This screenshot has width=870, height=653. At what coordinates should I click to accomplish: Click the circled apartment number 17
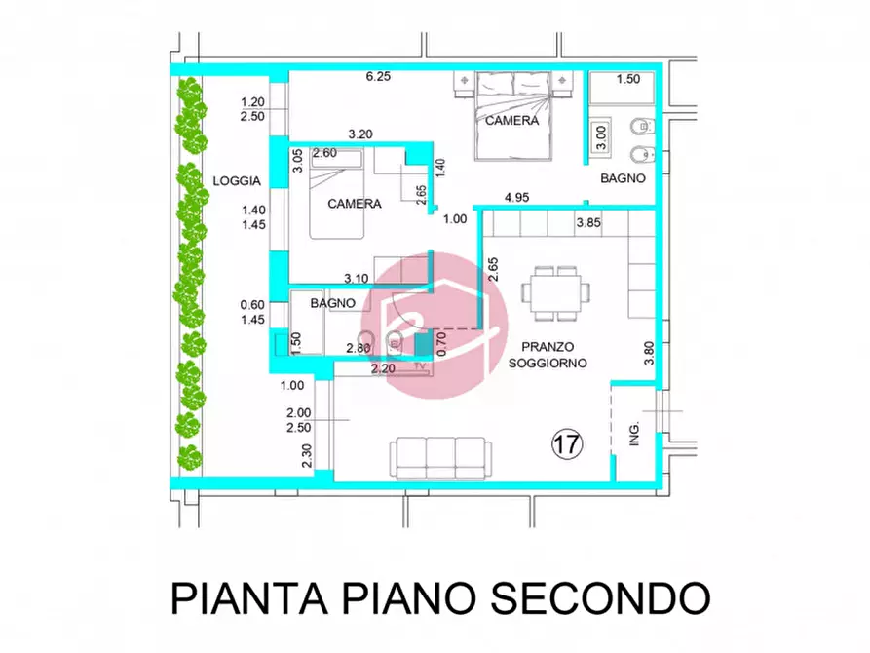pyautogui.click(x=568, y=445)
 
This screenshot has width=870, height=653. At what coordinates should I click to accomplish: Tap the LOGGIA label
pyautogui.click(x=236, y=180)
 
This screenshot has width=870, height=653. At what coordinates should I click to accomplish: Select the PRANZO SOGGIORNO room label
pyautogui.click(x=547, y=354)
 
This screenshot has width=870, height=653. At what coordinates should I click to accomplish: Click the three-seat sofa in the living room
pyautogui.click(x=438, y=455)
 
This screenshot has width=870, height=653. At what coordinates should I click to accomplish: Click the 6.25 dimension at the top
pyautogui.click(x=379, y=78)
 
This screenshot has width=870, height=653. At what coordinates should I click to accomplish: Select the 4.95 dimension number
pyautogui.click(x=516, y=199)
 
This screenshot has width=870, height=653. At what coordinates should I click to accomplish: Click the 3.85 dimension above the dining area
pyautogui.click(x=589, y=224)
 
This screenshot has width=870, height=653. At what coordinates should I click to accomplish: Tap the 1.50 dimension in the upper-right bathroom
pyautogui.click(x=628, y=80)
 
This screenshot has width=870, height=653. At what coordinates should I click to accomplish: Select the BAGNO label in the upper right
pyautogui.click(x=621, y=178)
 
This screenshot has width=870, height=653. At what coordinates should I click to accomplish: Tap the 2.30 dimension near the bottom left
pyautogui.click(x=308, y=455)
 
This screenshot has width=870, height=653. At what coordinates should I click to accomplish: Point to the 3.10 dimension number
pyautogui.click(x=356, y=279)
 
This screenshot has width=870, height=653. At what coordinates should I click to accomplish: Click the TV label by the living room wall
pyautogui.click(x=422, y=366)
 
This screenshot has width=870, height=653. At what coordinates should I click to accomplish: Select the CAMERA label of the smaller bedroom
pyautogui.click(x=354, y=204)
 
